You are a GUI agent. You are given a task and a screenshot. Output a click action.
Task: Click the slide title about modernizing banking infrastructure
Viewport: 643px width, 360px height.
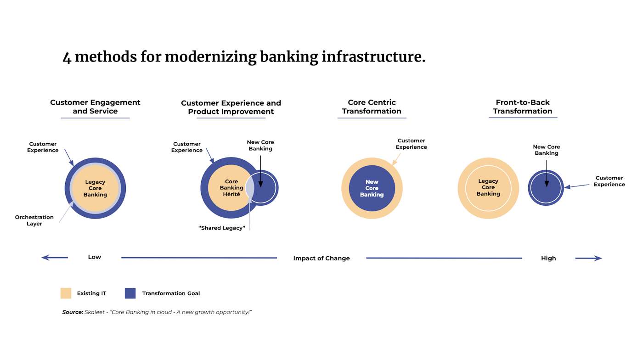tap(243, 57)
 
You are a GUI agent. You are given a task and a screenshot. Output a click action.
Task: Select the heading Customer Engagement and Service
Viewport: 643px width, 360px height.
tap(95, 107)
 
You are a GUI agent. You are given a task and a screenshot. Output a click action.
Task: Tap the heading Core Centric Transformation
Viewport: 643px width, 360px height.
tap(372, 107)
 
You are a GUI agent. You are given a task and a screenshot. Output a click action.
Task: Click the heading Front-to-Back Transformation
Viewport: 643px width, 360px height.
tap(523, 107)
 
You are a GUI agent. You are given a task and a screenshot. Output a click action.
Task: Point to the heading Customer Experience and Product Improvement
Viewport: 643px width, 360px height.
tap(231, 107)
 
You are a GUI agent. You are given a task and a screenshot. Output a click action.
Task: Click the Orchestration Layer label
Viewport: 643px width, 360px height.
tap(34, 220)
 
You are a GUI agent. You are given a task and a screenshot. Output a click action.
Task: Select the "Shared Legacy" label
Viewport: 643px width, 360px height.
tap(221, 228)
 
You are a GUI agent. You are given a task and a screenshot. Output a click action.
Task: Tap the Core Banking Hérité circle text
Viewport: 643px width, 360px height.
tap(231, 188)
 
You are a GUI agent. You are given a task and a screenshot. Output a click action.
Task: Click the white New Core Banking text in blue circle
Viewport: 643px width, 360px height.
tap(372, 188)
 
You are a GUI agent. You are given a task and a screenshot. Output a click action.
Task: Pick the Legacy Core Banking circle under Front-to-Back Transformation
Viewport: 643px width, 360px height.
tap(488, 188)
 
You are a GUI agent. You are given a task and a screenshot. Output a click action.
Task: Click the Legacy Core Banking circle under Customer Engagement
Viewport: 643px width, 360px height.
tap(95, 188)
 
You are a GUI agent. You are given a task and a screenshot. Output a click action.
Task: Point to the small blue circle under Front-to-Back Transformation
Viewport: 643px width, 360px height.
tap(546, 188)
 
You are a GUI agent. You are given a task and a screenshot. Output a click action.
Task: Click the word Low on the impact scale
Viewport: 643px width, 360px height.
tap(95, 257)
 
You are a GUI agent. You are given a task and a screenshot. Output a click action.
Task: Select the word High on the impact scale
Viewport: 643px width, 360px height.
tap(548, 259)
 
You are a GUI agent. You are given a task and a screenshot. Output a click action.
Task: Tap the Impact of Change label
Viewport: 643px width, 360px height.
tap(321, 259)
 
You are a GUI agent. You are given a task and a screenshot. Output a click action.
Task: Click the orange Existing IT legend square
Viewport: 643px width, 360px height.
tap(66, 293)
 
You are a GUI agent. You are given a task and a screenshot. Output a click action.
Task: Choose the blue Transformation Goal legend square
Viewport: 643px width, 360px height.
tap(130, 293)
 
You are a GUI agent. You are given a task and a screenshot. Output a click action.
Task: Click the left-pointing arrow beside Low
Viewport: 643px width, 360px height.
tap(54, 258)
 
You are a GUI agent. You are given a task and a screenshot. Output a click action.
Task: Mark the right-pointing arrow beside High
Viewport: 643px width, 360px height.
tap(589, 259)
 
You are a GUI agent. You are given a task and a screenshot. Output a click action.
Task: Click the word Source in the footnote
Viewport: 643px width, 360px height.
tap(73, 312)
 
